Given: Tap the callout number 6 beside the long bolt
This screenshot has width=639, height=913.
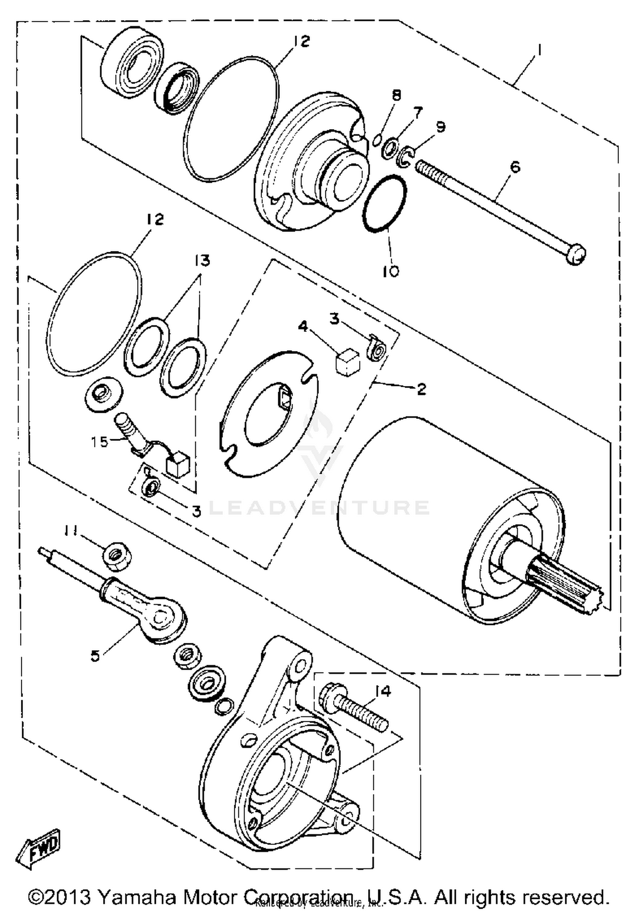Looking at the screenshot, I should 515,167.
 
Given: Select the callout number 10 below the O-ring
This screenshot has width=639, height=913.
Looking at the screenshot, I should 390,271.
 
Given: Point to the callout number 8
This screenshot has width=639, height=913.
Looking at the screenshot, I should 397,95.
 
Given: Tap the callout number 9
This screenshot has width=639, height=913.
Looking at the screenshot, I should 440,127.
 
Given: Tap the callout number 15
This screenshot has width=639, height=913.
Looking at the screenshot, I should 100,442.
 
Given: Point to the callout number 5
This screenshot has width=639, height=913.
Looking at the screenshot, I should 95,656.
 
